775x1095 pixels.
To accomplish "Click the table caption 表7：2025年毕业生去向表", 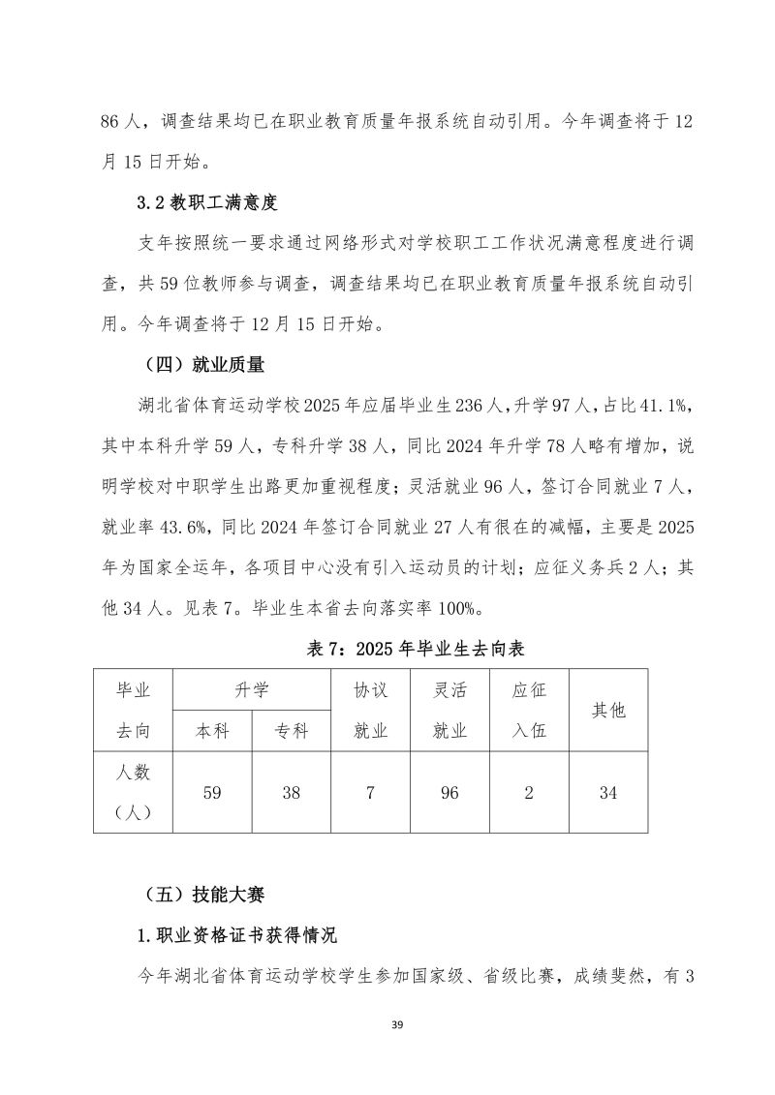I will (x=416, y=649).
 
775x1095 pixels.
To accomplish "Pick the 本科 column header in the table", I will (x=212, y=731).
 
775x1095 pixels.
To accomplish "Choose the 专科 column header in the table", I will (x=291, y=731).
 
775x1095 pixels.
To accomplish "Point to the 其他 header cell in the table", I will (x=607, y=711).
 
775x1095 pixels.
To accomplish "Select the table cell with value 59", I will (x=212, y=792).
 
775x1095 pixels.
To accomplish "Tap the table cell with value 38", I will (x=291, y=792).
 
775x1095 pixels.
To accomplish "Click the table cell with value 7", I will (x=370, y=792).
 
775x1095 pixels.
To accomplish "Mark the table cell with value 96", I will (x=449, y=792).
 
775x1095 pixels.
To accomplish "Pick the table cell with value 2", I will (x=529, y=792).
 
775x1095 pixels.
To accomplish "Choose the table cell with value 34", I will (x=607, y=792).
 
